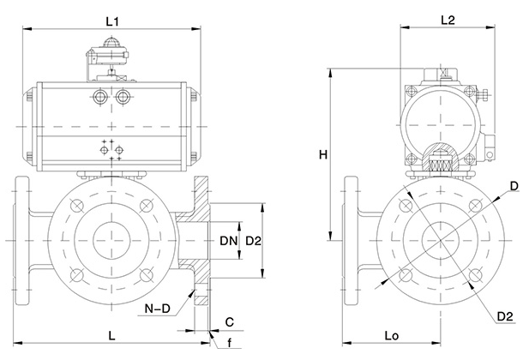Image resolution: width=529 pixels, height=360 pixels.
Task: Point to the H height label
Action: tap(322, 155)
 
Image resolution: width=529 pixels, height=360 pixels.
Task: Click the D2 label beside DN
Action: tap(254, 242)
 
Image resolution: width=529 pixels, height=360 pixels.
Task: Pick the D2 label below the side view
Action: tap(505, 317)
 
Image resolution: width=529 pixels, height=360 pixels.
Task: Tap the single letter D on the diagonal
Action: tap(513, 186)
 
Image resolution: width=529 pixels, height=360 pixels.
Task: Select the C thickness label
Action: tap(231, 323)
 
